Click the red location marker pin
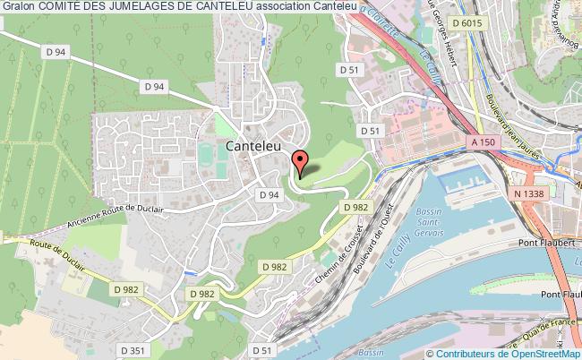tap(302, 161)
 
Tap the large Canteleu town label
tap(257, 146)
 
